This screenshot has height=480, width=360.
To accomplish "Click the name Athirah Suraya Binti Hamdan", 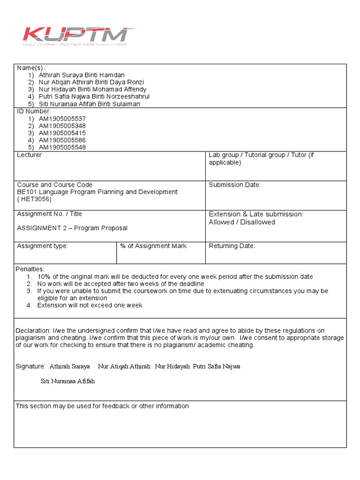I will tap(82, 75).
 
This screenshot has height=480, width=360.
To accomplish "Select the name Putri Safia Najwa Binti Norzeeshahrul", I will tap(94, 97).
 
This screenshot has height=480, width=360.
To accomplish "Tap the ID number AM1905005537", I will tap(62, 119).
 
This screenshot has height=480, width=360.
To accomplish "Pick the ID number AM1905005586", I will tap(62, 140).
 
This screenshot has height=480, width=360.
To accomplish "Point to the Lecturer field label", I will tap(29, 155).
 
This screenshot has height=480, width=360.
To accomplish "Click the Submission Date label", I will tap(234, 185).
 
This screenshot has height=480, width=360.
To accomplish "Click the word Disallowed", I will tap(258, 222).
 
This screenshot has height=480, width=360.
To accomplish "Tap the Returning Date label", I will tap(232, 246).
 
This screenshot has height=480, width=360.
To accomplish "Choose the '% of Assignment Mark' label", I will tap(153, 246).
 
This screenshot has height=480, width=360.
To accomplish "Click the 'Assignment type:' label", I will tap(42, 246).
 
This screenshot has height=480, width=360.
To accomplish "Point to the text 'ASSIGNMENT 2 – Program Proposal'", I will tap(72, 228).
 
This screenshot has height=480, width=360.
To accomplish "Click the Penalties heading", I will tap(30, 270).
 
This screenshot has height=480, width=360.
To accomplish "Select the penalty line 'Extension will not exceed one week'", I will tap(90, 305).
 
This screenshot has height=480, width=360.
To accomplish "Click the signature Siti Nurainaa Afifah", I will tap(67, 381).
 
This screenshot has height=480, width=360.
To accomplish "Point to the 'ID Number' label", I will tap(33, 112).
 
